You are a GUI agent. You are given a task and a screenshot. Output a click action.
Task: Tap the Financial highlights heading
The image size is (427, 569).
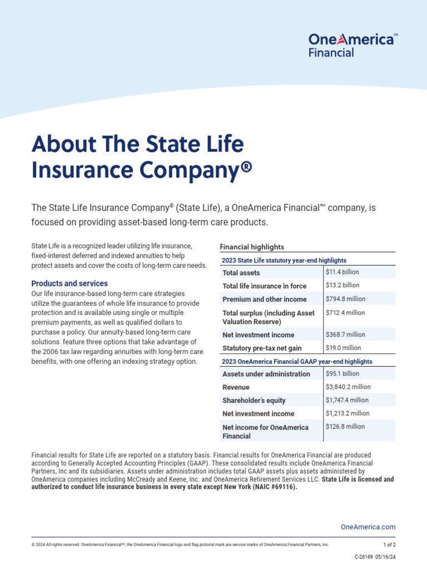tap(252, 247)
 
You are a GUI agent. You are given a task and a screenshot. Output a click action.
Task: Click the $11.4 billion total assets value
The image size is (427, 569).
tap(342, 272)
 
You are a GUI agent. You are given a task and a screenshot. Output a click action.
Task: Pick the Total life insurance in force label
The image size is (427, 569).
tap(264, 286)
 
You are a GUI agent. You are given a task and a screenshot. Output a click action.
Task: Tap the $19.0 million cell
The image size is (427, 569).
tap(343, 348)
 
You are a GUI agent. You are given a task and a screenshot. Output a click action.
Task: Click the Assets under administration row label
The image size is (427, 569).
tap(266, 374)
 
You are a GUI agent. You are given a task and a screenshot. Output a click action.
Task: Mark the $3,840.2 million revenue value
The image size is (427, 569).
tap(348, 387)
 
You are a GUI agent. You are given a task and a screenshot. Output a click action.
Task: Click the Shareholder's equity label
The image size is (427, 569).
tap(254, 401)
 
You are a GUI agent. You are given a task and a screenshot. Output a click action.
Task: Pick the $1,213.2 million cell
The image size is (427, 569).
tap(348, 413)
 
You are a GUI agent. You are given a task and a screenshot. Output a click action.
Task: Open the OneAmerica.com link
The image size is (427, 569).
tap(368, 527)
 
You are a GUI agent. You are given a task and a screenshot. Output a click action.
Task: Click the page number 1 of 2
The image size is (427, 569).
tap(389, 545)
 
